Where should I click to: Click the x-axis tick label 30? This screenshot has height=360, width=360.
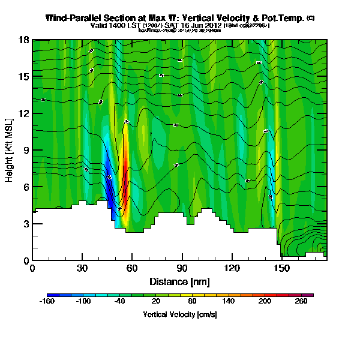[82, 268]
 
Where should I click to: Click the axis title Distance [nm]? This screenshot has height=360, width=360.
[179, 281]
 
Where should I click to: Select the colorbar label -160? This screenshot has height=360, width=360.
[47, 302]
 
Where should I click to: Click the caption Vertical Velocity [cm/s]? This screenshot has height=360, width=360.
[179, 314]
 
